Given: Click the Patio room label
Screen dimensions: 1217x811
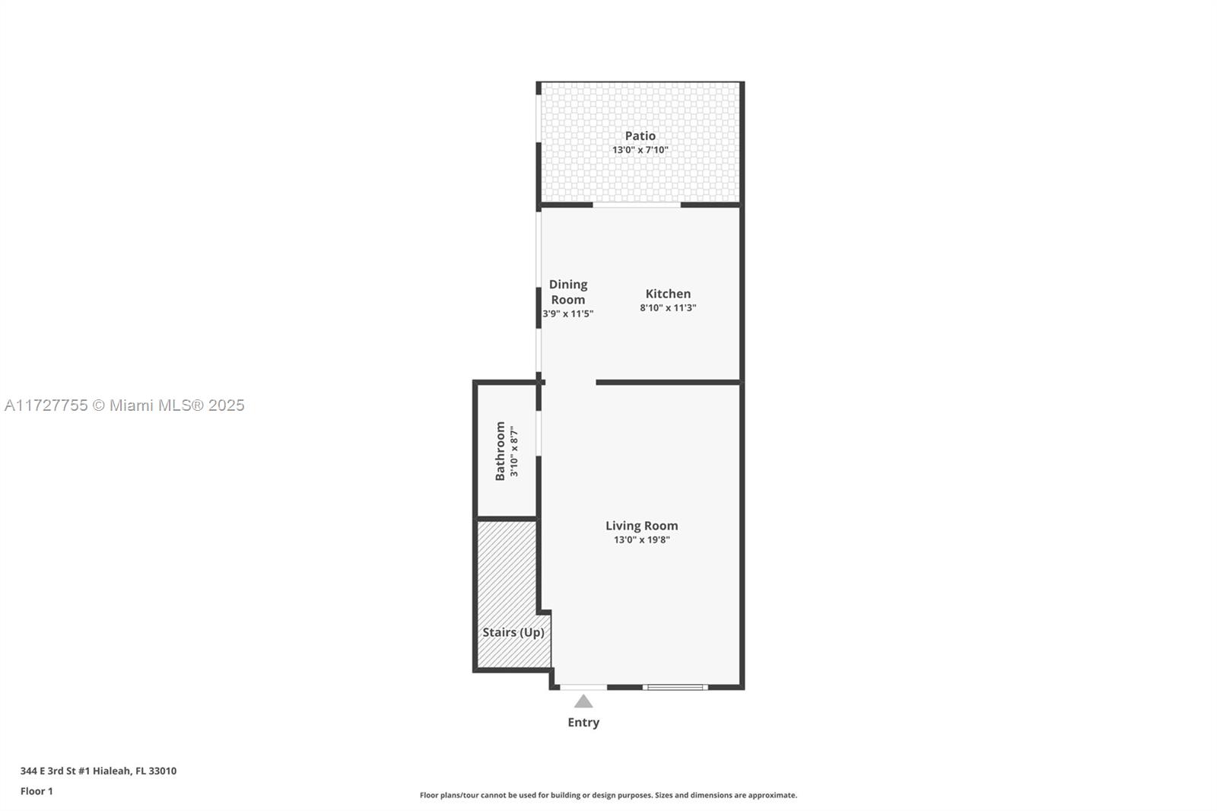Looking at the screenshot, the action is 640,136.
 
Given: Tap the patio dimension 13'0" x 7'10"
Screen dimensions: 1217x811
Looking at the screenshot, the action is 640,150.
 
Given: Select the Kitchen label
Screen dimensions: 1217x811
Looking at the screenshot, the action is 668,294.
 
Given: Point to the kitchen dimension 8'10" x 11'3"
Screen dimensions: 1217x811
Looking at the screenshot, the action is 668,307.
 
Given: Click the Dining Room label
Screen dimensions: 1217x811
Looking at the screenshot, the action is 567,292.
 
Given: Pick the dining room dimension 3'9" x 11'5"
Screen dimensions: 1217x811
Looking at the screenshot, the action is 567,313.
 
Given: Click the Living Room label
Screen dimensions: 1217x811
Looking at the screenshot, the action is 642,526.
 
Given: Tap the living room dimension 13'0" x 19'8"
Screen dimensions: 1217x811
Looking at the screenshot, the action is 642,539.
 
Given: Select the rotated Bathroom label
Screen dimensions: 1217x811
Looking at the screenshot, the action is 500,450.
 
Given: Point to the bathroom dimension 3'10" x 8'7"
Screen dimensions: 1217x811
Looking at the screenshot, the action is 514,451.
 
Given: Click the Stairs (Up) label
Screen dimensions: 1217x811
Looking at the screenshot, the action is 513,632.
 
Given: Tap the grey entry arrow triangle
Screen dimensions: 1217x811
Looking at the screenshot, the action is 583,701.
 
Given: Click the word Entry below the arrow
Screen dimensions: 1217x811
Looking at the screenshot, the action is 583,723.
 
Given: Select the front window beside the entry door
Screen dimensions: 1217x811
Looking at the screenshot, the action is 675,687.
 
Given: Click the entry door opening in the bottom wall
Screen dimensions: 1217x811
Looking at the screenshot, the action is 583,687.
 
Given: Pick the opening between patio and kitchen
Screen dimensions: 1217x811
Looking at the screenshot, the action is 637,205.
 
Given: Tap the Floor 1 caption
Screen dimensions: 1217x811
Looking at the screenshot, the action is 37,791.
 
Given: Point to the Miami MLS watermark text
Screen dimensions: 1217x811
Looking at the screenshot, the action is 125,405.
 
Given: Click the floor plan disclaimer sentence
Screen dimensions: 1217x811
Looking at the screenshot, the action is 608,795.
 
